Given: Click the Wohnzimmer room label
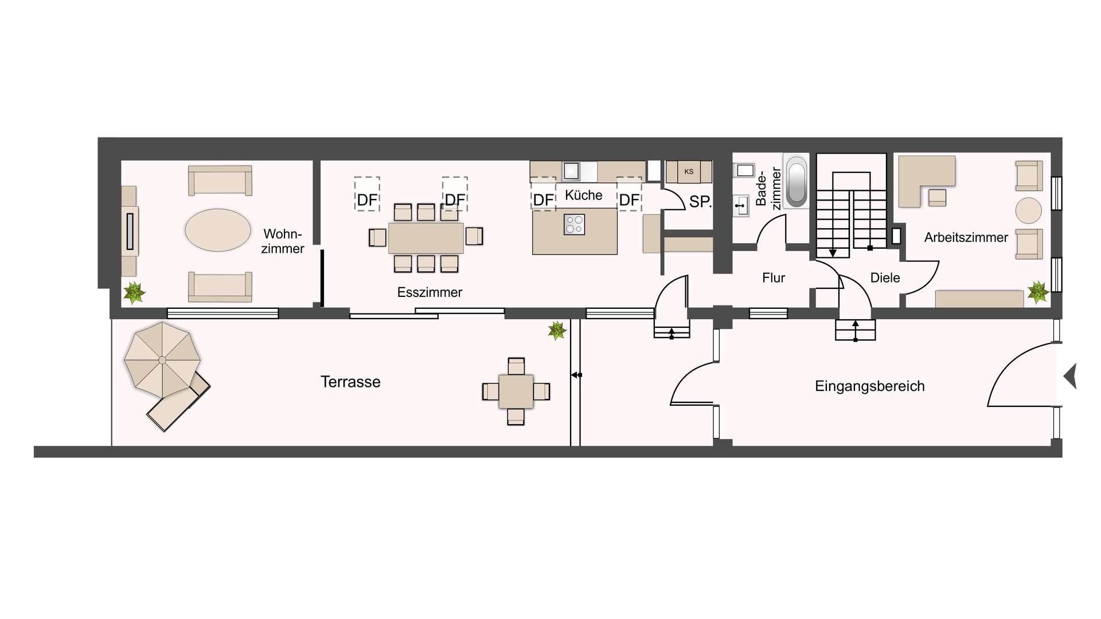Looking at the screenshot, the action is tap(282, 241).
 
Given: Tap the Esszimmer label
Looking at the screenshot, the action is tap(430, 292).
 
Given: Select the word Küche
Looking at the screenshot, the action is tap(583, 195).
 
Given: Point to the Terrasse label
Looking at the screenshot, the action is tap(350, 382).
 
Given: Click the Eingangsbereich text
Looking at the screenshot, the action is tap(869, 386).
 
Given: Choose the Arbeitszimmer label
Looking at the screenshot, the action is tap(966, 237).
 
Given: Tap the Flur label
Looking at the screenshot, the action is tap(773, 278).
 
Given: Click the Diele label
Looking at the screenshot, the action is tap(885, 278).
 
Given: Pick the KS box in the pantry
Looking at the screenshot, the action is tap(689, 171).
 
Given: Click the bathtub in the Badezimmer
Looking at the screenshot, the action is tap(796, 182).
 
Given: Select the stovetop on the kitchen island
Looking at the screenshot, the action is tap(574, 224).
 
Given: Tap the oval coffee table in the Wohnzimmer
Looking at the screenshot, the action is tap(218, 230).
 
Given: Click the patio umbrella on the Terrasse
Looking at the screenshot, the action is tap(162, 360).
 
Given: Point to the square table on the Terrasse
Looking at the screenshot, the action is tap(516, 391).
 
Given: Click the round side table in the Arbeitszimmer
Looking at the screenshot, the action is tap(1028, 210).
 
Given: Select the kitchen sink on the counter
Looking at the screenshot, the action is tap(571, 171).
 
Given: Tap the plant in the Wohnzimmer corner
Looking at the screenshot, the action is tap(134, 292).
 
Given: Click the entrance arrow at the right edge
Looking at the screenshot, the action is tap(1070, 377).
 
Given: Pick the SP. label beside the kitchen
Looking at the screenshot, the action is tap(700, 202).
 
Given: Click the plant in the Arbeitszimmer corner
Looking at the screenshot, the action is tap(1037, 292).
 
